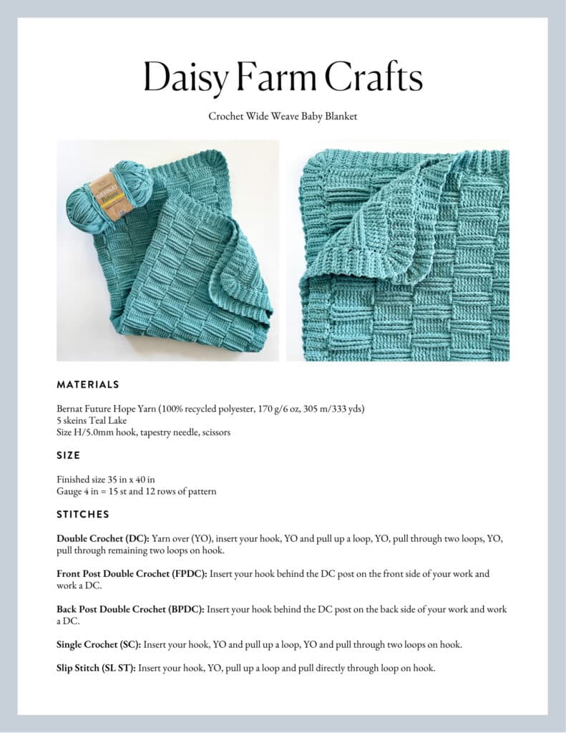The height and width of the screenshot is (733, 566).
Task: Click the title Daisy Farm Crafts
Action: tap(283, 77)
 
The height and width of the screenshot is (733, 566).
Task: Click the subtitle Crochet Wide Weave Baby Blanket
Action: tap(283, 116)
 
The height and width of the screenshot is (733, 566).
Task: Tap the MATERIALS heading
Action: tap(88, 384)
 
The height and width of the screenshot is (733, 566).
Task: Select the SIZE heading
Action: tap(69, 455)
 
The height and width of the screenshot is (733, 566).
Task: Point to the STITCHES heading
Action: tap(83, 514)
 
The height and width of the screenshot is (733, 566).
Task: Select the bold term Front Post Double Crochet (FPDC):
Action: tap(132, 574)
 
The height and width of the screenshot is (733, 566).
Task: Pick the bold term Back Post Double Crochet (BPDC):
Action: tap(131, 609)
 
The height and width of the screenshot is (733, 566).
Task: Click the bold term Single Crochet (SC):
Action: tap(98, 644)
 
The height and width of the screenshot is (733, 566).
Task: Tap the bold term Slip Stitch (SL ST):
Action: tap(96, 668)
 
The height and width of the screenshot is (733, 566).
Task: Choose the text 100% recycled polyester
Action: tap(210, 409)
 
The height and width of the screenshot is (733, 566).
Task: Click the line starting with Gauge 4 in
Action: tap(136, 491)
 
